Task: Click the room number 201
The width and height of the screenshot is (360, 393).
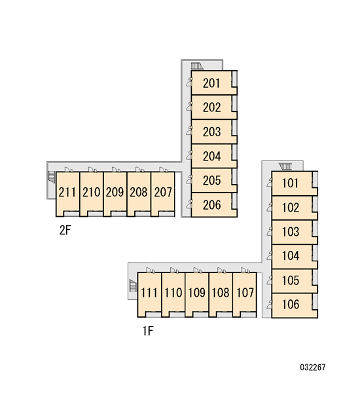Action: pos(211,83)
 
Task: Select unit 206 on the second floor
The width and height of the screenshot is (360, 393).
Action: pos(211,205)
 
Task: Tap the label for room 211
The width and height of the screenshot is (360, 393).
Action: pos(67,192)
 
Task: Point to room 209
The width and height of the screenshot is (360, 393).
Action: pos(115,192)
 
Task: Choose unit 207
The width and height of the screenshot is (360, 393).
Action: pos(163,192)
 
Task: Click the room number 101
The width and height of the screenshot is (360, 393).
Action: pos(291,183)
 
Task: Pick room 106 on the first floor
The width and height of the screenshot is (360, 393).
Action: pos(291,305)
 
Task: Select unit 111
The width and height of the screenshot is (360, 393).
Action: pos(149,293)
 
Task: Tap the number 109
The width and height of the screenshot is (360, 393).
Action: pos(196,293)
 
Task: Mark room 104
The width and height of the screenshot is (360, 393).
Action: pos(291,255)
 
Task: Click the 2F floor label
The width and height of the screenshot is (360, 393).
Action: pos(65,230)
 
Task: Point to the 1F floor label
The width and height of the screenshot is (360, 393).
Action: pos(148,331)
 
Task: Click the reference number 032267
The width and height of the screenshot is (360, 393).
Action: pos(313,367)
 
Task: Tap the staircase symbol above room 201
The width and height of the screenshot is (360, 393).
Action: pos(197,66)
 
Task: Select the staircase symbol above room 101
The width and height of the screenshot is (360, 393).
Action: pos(285,166)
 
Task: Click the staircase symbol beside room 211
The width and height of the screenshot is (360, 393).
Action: pos(51,177)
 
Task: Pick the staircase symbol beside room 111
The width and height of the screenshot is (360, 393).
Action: pos(133,286)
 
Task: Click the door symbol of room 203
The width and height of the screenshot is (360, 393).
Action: pos(189,131)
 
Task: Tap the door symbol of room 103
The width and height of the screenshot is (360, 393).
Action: pos(270,231)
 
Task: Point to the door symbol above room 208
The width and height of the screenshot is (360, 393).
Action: pos(140,170)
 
